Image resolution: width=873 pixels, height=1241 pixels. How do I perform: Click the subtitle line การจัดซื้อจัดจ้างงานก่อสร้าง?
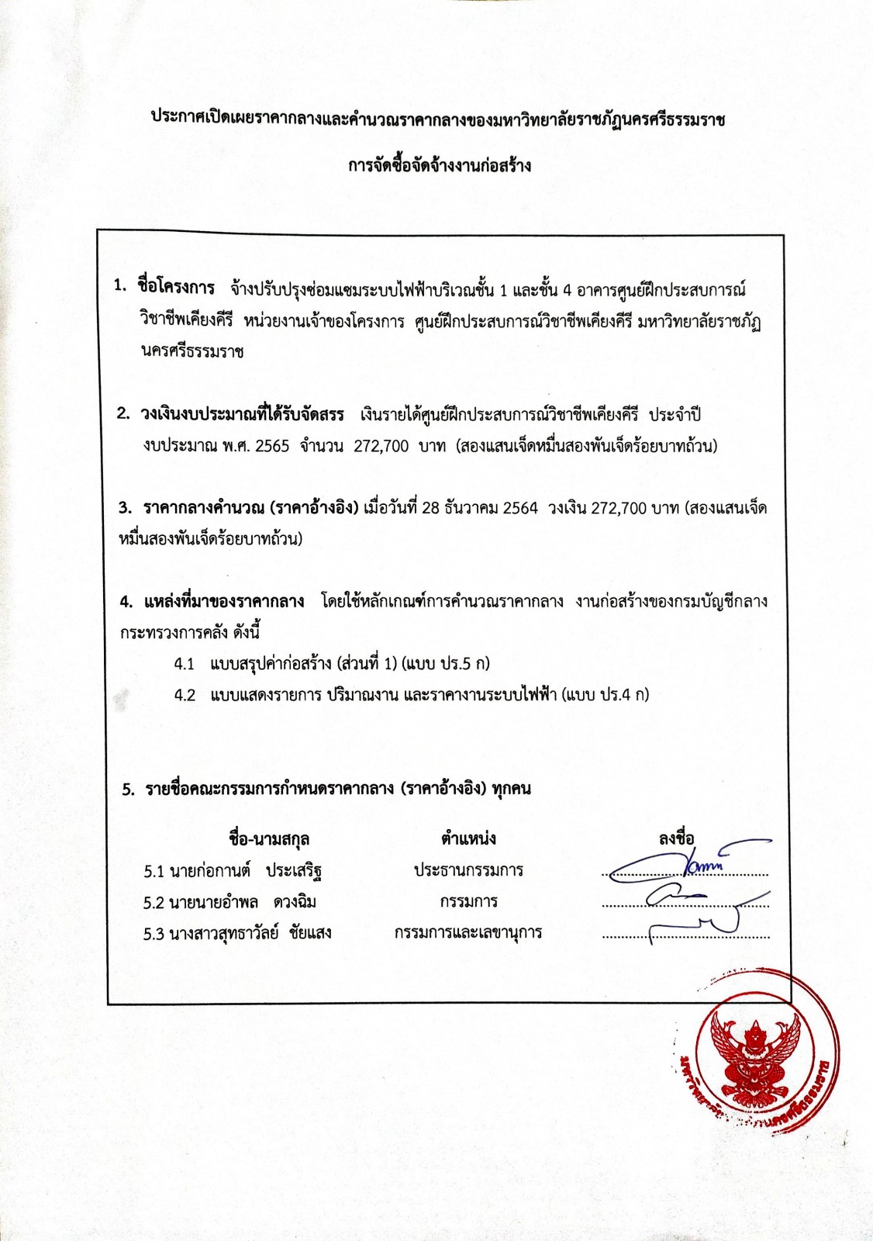pyautogui.click(x=439, y=166)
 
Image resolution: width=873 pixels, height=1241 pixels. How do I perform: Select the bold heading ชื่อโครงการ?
pyautogui.click(x=176, y=288)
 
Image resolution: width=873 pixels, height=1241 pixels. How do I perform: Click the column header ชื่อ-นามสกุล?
pyautogui.click(x=269, y=839)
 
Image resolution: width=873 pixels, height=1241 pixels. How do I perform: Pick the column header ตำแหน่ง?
pyautogui.click(x=468, y=838)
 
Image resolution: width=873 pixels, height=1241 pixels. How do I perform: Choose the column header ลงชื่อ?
pyautogui.click(x=676, y=838)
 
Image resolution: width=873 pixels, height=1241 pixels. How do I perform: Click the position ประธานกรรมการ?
pyautogui.click(x=468, y=870)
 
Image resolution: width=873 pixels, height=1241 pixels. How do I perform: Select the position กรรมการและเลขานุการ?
pyautogui.click(x=468, y=932)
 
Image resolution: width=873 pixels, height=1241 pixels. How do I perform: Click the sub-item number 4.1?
pyautogui.click(x=185, y=664)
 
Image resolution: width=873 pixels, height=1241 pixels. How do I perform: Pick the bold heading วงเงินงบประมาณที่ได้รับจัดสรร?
pyautogui.click(x=242, y=414)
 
